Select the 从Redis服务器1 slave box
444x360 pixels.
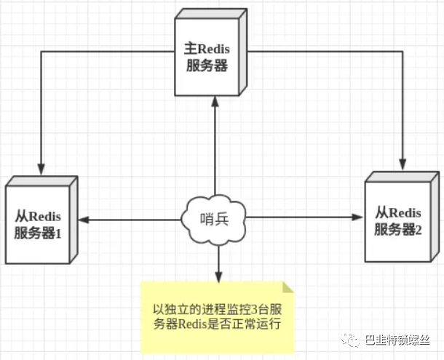(40, 223)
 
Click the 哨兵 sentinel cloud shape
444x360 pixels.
(215, 217)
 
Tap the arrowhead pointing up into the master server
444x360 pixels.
(215, 103)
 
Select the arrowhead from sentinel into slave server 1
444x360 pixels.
(84, 218)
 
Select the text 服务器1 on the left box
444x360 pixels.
(41, 233)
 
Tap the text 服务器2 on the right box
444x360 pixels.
(400, 230)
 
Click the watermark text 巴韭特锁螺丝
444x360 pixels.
(399, 340)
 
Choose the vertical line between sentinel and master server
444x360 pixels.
(215, 153)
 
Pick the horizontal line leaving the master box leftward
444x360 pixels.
(109, 51)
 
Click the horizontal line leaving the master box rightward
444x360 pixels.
(320, 51)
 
